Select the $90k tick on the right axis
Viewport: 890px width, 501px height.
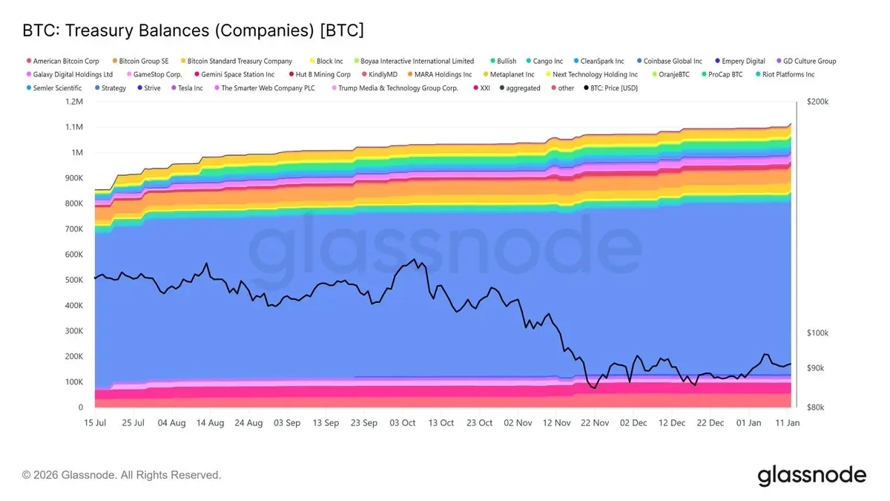point(814,368)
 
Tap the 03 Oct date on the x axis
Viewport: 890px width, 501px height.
point(403,423)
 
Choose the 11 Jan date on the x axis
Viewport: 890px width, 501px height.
point(788,423)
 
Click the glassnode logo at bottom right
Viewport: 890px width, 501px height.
point(811,475)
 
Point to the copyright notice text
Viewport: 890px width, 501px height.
point(122,475)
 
